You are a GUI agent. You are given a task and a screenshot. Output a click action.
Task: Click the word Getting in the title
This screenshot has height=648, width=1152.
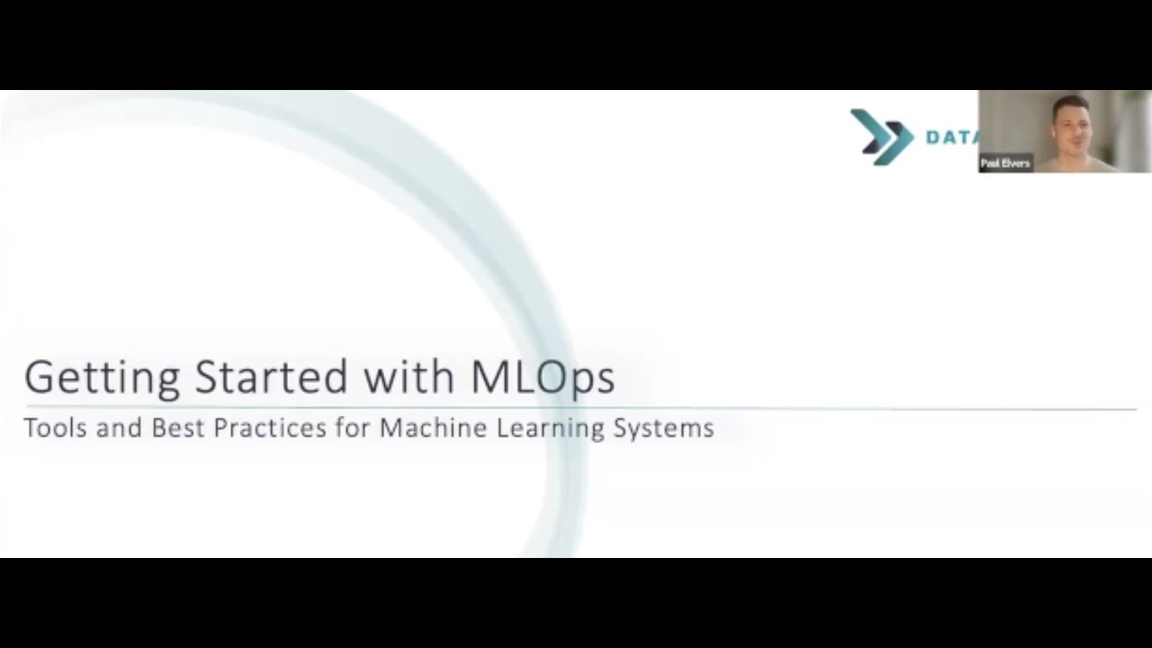[x=101, y=378]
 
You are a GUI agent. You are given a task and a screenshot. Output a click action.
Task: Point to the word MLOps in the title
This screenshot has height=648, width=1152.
[x=543, y=378]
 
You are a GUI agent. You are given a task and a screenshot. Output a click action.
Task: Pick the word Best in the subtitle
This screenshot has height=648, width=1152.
[x=178, y=428]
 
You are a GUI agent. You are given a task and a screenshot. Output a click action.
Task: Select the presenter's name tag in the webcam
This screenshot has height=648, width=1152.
[x=1005, y=164]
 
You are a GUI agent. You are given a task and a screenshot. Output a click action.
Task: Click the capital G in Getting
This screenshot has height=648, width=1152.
[x=40, y=378]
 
